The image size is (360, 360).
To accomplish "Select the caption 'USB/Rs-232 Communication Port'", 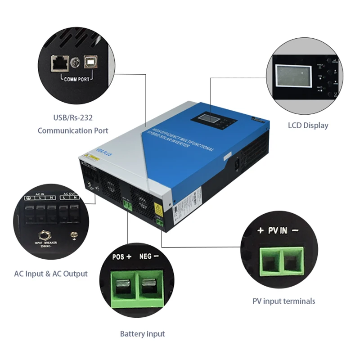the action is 73,125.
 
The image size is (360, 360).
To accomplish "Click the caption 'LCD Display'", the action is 308,126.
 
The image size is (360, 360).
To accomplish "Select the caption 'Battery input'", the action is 142,334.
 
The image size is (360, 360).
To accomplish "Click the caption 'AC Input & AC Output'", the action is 50,274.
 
